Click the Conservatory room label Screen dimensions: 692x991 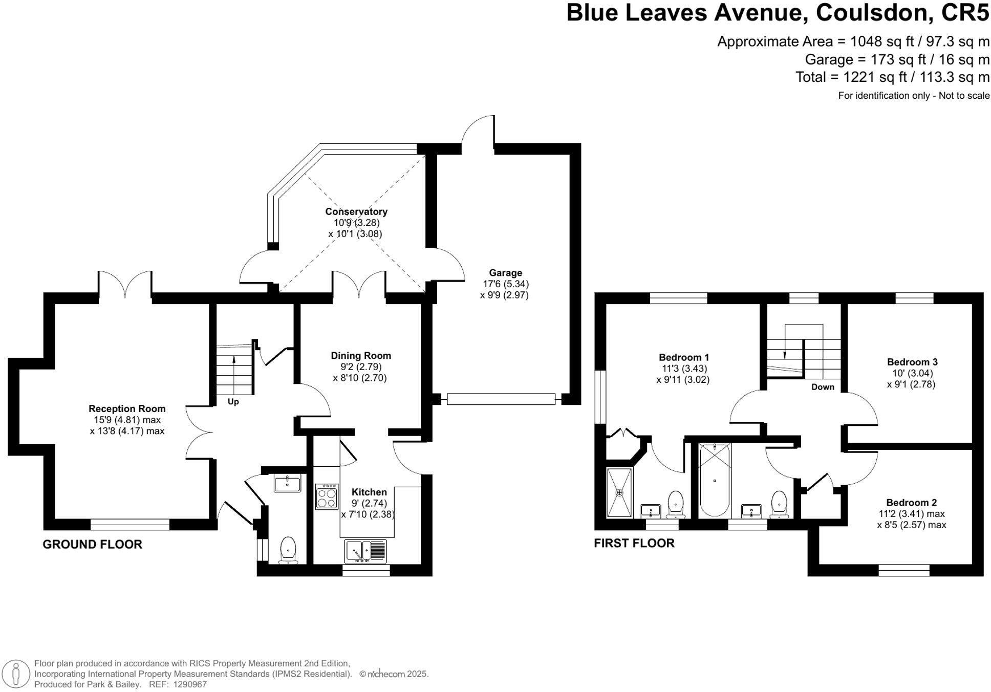[x=356, y=211]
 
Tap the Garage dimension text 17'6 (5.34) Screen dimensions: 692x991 [x=505, y=284]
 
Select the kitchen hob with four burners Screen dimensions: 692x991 [x=327, y=496]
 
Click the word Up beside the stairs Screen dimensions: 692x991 [x=233, y=402]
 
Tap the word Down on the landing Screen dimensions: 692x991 [x=822, y=387]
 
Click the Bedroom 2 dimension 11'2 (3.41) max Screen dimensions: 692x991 [x=911, y=513]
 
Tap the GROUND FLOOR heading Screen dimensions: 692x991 [x=92, y=544]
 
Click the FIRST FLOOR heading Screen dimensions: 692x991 [x=634, y=543]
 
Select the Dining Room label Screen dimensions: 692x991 [x=360, y=355]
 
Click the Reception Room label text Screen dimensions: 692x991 [x=127, y=408]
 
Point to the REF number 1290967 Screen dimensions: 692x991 [x=190, y=684]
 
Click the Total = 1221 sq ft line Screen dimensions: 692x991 [x=892, y=77]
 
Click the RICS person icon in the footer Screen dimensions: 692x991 [x=16, y=673]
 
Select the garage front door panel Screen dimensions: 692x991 [x=501, y=399]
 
